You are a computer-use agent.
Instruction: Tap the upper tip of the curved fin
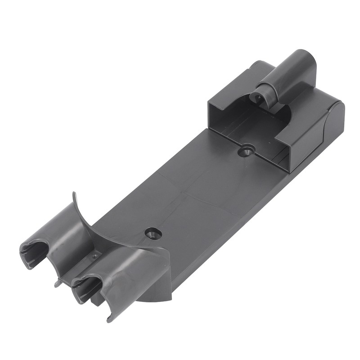click(x=74, y=195)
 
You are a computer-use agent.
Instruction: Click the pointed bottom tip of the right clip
click(x=109, y=320)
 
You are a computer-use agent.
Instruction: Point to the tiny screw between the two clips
click(x=95, y=256)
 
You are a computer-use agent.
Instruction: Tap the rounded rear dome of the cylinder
click(x=306, y=63)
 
